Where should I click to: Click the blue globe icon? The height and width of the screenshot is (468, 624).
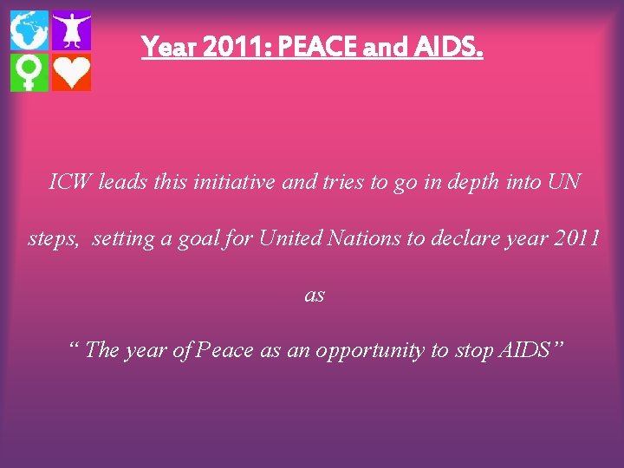[29, 31]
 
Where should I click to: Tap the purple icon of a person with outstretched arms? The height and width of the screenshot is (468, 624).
[71, 31]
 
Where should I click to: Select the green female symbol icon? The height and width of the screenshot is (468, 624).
[29, 73]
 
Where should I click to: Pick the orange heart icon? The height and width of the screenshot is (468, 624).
[71, 73]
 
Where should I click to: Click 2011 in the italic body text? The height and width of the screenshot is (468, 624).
[573, 237]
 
